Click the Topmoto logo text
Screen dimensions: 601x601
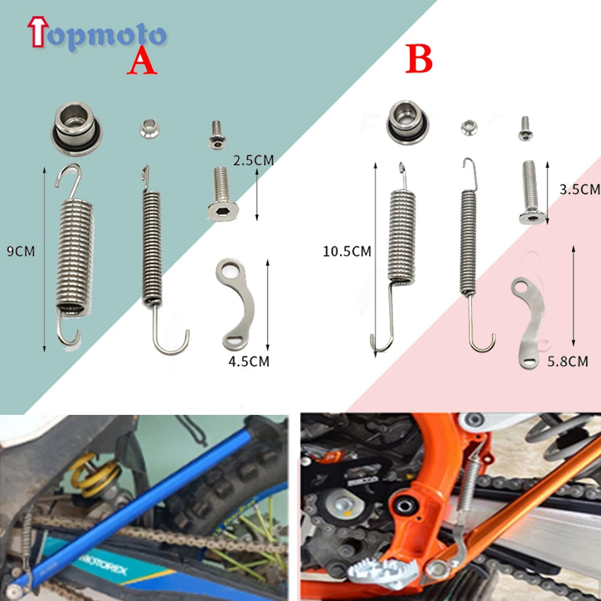[96, 35]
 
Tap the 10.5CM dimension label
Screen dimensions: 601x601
[347, 252]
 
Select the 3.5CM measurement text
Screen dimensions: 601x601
[579, 190]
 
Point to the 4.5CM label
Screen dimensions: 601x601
[248, 361]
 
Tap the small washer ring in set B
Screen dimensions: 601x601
[469, 127]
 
